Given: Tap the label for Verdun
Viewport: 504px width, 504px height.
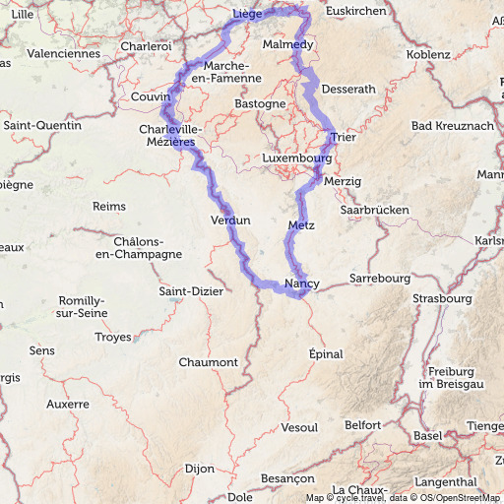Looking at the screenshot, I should point(230,220).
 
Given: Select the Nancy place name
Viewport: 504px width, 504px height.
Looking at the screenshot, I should point(302,284).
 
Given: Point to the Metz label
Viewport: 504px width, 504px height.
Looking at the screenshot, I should point(301,226).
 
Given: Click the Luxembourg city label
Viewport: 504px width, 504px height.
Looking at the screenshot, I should point(295,157).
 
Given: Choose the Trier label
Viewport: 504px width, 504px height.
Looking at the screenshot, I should point(343,137).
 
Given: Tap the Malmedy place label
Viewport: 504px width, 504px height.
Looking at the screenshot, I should point(288,45).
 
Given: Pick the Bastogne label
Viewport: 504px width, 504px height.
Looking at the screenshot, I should point(261,103).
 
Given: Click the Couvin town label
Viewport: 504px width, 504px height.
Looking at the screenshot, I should point(151,97).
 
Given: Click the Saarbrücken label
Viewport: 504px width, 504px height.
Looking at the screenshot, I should point(373,210).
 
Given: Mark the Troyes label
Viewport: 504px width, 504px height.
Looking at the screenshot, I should point(112,337).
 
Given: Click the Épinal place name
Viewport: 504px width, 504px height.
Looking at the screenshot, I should point(327,353).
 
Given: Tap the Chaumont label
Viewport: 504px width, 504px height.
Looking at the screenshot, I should point(208,362).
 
